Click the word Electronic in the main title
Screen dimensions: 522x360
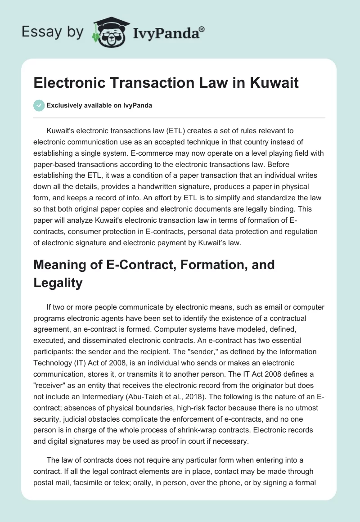click(69, 83)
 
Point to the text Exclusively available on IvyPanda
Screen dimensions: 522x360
click(99, 105)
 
